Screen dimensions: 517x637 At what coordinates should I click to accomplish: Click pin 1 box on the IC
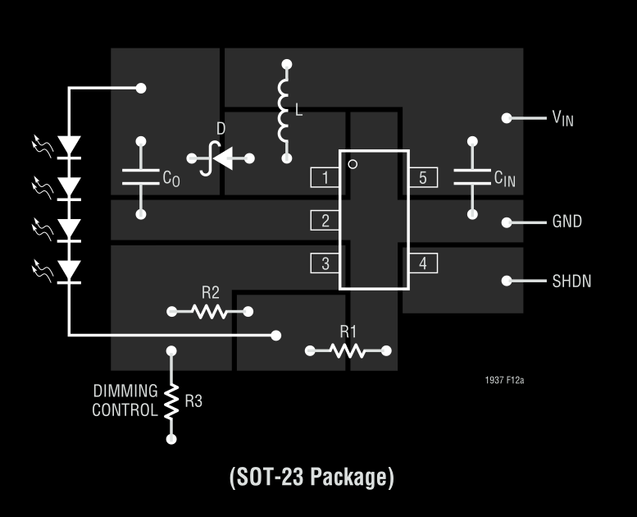[325, 177]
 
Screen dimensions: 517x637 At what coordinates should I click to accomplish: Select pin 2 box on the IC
[325, 220]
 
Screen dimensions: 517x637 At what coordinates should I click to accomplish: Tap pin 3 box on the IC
[325, 263]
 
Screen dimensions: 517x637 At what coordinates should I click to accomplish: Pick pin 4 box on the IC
[423, 263]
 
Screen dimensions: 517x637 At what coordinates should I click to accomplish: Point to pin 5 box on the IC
[423, 177]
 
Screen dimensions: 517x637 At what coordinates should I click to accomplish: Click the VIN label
[562, 118]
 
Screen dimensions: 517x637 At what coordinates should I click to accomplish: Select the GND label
[566, 222]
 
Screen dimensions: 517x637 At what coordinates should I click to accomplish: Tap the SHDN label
[571, 281]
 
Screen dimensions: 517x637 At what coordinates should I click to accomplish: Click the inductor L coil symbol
[284, 110]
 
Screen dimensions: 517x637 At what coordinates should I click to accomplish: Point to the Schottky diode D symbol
[220, 158]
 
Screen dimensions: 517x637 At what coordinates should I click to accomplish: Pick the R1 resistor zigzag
[348, 350]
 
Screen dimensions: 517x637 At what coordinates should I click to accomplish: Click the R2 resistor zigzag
[210, 311]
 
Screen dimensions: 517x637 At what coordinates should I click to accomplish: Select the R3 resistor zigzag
[171, 400]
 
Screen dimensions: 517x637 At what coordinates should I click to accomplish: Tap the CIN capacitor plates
[471, 177]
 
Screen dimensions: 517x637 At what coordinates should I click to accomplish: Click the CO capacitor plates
[141, 177]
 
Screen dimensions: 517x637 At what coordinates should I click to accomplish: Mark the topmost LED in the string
[71, 147]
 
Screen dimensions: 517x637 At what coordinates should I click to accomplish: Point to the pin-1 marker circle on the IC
[353, 164]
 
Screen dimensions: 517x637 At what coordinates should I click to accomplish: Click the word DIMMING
[125, 391]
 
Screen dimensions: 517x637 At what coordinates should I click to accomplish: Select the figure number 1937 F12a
[504, 381]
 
